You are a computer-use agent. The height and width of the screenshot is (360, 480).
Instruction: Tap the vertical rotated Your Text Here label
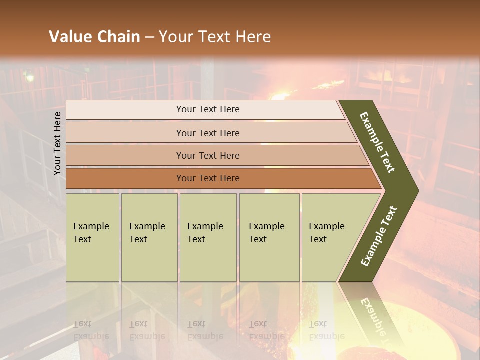(x=57, y=143)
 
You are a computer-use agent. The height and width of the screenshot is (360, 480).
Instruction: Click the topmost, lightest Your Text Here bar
(x=207, y=109)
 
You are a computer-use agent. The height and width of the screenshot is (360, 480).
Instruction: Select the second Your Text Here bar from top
(x=207, y=133)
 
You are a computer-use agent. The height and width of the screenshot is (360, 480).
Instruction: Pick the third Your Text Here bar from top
(x=207, y=155)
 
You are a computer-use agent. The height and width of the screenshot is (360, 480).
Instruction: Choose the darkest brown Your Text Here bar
(x=207, y=178)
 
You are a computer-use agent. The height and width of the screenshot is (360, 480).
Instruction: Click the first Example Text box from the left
(x=92, y=237)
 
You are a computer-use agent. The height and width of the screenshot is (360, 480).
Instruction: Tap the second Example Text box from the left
(x=149, y=237)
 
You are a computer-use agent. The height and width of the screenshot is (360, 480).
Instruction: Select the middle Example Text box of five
(x=207, y=237)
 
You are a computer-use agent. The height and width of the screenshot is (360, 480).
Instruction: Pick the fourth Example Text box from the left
(x=269, y=237)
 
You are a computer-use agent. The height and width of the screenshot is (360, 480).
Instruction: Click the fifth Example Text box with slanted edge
(x=330, y=237)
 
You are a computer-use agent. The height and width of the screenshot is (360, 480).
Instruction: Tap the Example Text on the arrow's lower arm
(x=379, y=236)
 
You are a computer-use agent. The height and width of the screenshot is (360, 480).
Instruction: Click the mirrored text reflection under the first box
(x=91, y=330)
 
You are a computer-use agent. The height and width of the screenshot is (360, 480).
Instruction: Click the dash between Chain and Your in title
(x=149, y=37)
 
